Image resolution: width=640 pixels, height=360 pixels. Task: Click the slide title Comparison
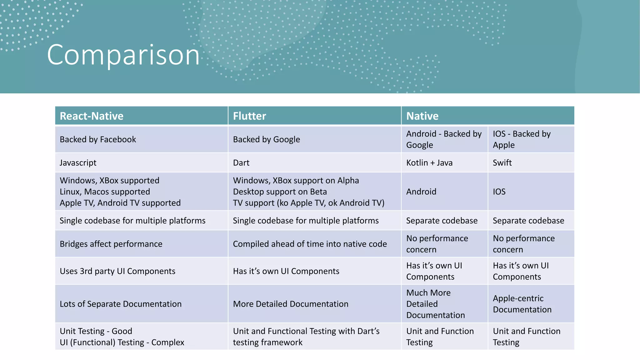(x=123, y=55)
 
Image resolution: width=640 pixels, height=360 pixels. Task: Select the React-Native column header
(x=92, y=116)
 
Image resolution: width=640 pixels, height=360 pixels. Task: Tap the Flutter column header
(x=249, y=116)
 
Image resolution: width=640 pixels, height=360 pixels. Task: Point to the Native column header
(x=422, y=116)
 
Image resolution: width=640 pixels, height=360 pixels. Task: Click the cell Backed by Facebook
(x=98, y=139)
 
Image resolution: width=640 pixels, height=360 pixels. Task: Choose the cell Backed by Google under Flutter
(x=266, y=139)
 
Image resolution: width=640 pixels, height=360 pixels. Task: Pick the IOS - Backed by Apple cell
(x=522, y=139)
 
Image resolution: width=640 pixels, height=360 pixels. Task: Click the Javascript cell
(x=78, y=163)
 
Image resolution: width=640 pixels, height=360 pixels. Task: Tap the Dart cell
(x=241, y=163)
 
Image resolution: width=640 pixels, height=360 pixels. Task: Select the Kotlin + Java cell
(x=429, y=163)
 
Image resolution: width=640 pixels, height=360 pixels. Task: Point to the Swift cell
(x=502, y=163)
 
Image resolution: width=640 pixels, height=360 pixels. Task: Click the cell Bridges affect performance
(x=111, y=244)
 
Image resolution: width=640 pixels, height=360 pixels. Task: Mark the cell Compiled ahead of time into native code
(x=310, y=244)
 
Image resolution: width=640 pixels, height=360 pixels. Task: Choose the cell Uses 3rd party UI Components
(x=117, y=271)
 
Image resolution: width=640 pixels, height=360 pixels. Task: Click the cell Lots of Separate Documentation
(x=121, y=304)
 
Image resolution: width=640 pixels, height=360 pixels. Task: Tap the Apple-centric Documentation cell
(x=522, y=304)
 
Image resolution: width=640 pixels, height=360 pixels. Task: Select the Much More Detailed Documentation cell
(x=436, y=304)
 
